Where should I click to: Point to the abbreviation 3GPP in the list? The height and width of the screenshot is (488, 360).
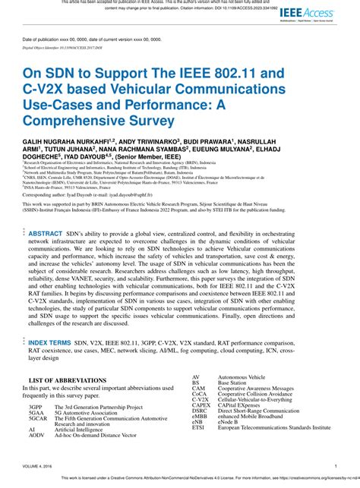(36, 408)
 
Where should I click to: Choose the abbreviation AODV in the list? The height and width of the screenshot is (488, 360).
(36, 436)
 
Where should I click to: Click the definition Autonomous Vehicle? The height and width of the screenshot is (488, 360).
(242, 376)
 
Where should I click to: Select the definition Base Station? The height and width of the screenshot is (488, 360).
(232, 383)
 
